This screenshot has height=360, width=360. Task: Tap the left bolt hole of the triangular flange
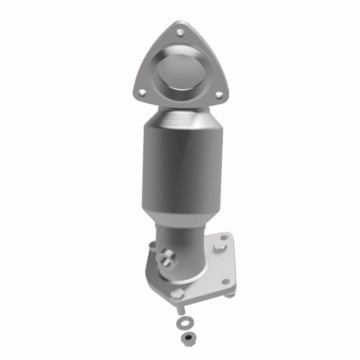click(142, 92)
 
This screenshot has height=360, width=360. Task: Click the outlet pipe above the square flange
click(182, 250)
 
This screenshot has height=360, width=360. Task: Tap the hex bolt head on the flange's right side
click(220, 247)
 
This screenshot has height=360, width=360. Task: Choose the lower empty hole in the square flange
click(225, 281)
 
